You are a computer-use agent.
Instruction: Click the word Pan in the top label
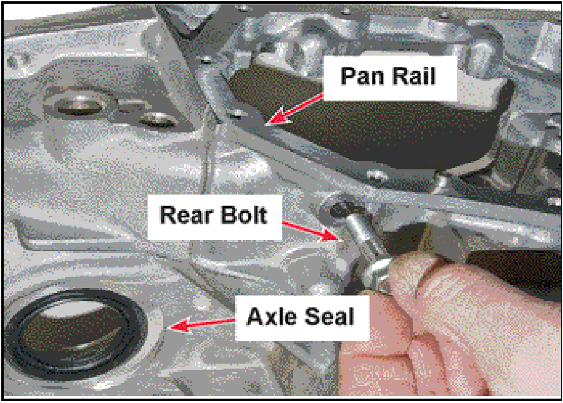361,76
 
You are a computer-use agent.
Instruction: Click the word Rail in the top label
412,76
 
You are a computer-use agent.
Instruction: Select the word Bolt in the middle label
244,215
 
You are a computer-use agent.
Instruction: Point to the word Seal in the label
329,316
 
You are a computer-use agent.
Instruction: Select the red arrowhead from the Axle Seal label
179,325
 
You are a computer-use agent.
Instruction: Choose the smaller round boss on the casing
158,119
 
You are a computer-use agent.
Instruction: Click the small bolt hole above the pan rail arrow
236,114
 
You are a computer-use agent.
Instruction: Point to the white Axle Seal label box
302,317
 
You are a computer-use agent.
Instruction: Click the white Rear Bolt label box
215,217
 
